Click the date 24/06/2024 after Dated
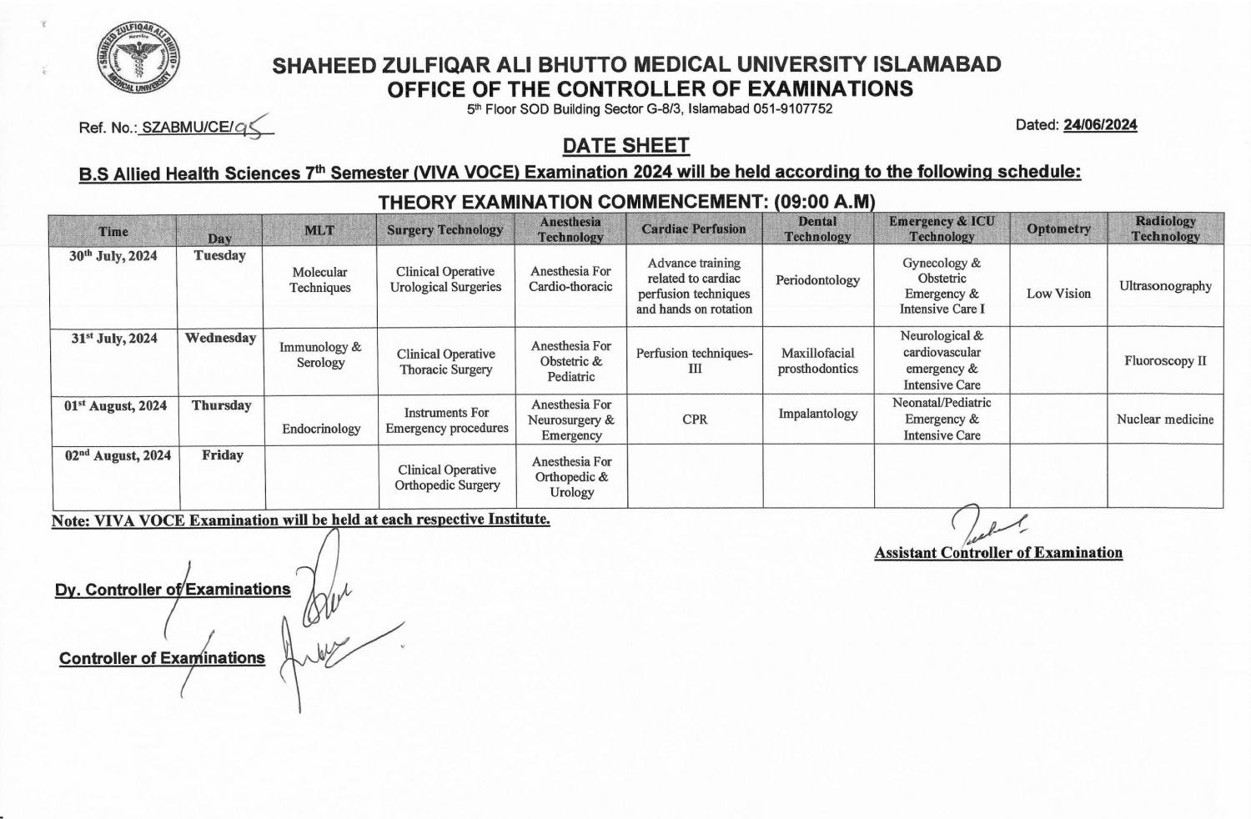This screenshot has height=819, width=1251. point(1100,125)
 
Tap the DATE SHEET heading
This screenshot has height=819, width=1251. point(625,146)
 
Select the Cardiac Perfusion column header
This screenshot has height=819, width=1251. point(694,229)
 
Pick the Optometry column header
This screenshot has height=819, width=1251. point(1058,229)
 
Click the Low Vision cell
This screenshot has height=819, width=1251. point(1058,294)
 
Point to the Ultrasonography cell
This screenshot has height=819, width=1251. point(1165,286)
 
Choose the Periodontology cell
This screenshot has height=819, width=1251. point(817,280)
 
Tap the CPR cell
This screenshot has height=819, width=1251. point(695,420)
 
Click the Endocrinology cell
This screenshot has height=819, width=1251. point(321,429)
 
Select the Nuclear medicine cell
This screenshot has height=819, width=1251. point(1165,420)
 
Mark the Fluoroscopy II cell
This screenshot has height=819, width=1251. point(1165,361)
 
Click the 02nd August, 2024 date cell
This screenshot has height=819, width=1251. point(118,455)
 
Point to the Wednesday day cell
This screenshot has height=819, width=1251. point(220,339)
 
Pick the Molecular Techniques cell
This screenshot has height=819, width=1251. point(320,279)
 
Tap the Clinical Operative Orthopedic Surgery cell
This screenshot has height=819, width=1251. point(447,477)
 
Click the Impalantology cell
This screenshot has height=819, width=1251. point(817,414)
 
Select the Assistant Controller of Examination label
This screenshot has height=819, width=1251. point(998,553)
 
